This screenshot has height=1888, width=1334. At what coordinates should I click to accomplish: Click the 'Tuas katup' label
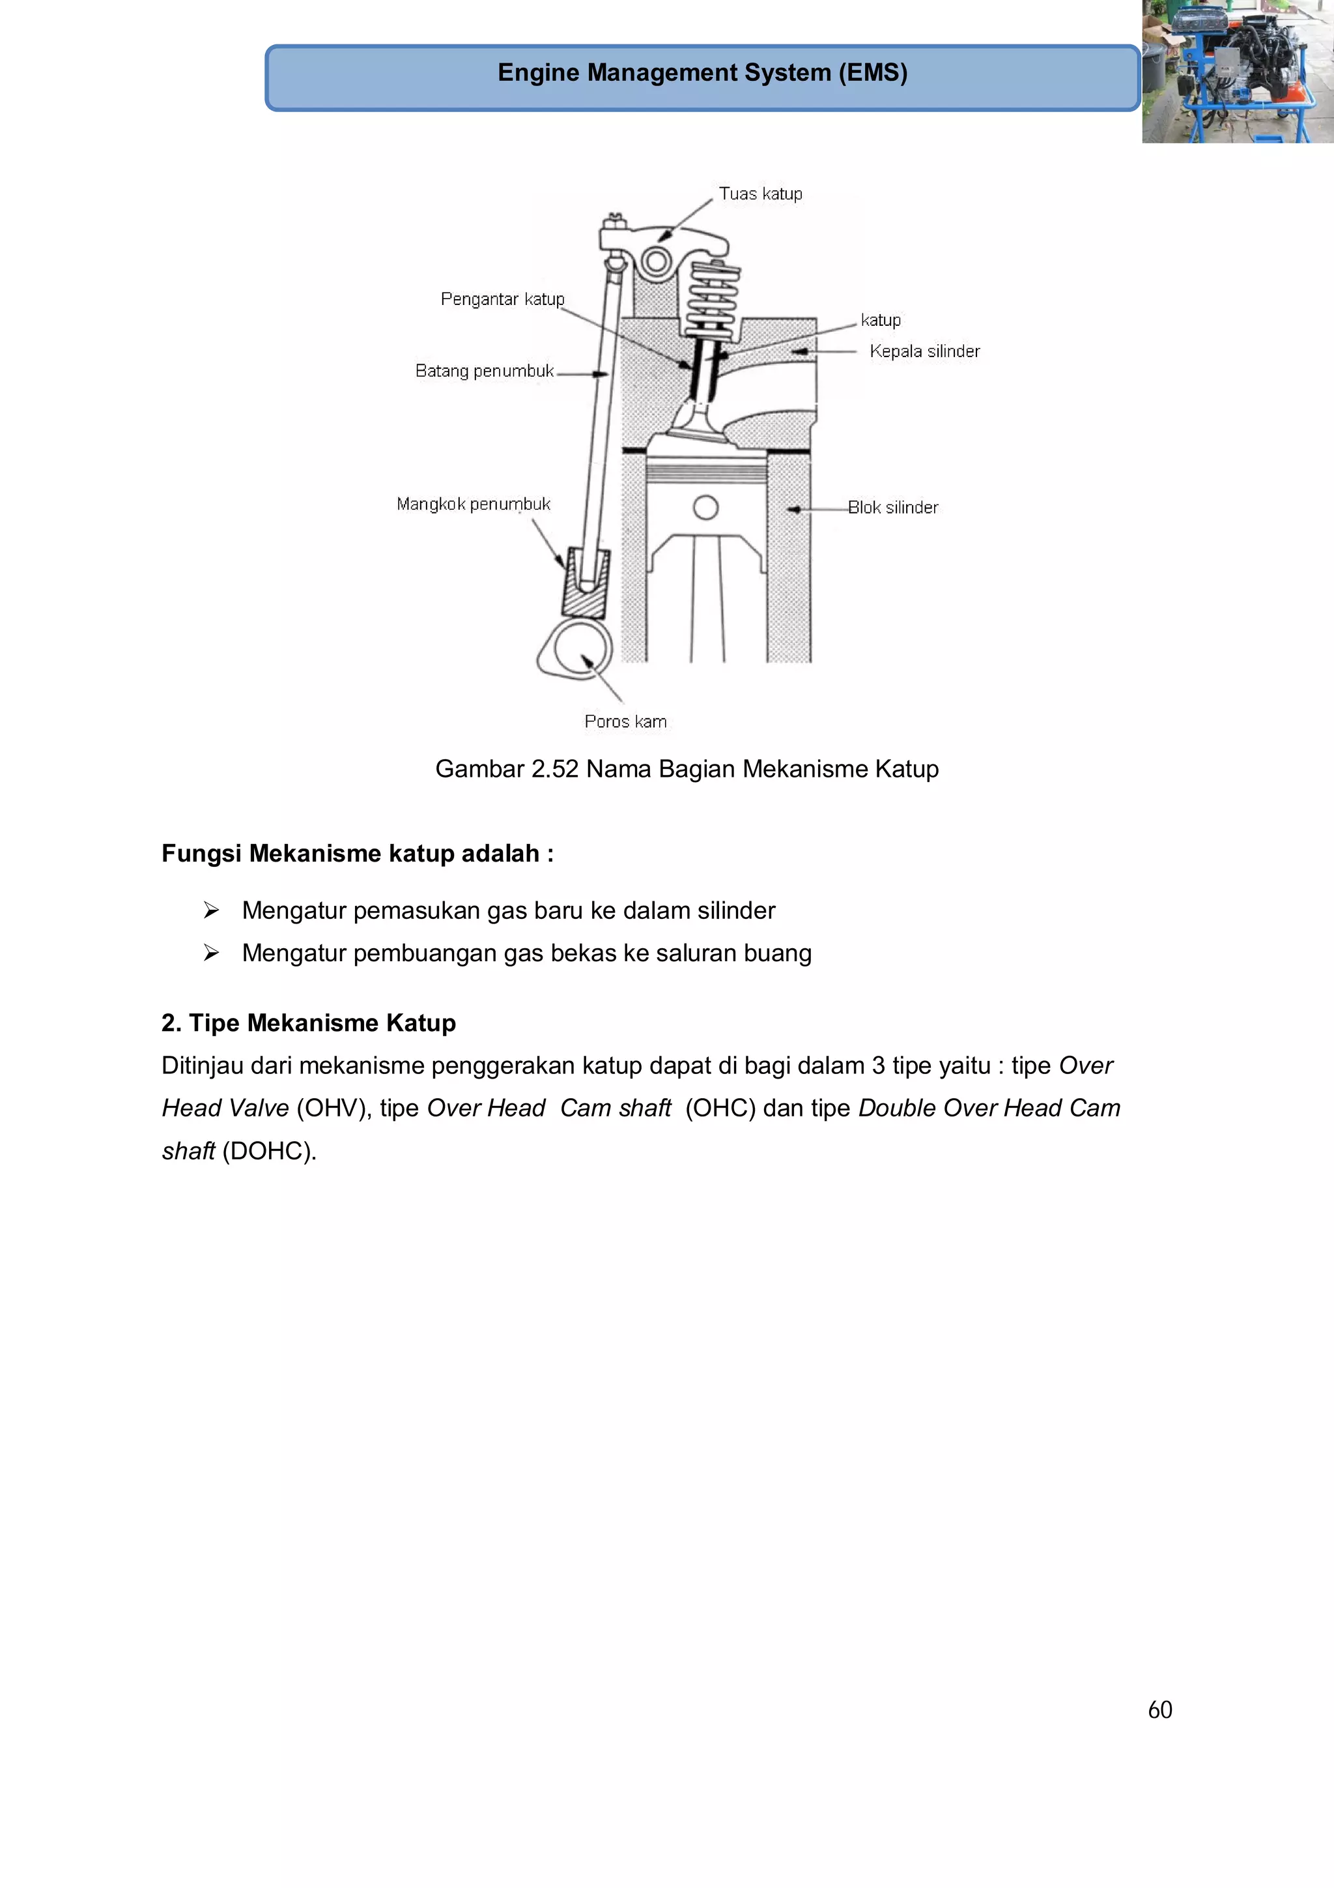coord(760,194)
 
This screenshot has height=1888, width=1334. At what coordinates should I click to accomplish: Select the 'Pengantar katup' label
coord(502,299)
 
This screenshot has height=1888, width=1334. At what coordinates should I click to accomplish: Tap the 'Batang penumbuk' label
coord(484,371)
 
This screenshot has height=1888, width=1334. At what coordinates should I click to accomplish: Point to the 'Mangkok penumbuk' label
coord(474,504)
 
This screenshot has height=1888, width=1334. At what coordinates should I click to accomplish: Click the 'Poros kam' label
coord(625,722)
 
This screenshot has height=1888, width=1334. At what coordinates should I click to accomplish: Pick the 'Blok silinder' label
coord(892,508)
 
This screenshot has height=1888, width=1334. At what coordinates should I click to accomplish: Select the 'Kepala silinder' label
coord(925,352)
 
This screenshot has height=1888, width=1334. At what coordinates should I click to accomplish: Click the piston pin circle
coord(706,508)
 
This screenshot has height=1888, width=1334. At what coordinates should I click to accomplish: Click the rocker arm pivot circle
coord(657,263)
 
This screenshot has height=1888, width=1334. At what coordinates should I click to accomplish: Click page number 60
coord(1159,1709)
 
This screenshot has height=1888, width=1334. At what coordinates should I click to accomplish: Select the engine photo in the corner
coord(1238,72)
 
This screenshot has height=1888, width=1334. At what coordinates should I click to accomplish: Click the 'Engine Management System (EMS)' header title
coord(703,73)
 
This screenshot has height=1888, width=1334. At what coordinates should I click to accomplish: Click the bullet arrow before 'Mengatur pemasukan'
coord(211,910)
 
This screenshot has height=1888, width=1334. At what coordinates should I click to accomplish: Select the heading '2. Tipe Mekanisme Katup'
coord(308,1023)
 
